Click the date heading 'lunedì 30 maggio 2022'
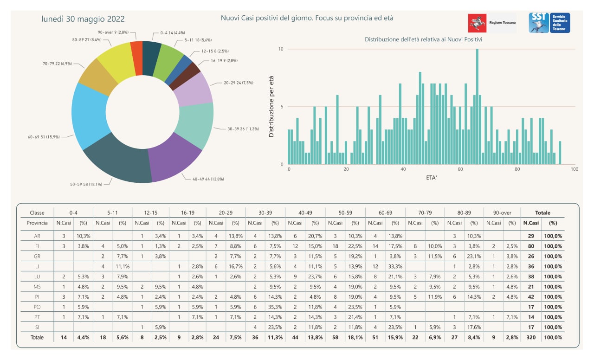83,19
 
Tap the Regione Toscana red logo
477,23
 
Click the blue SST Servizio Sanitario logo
549,23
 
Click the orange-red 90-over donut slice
137,58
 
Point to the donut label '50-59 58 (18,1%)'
86,184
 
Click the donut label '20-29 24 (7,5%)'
239,83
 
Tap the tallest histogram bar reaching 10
477,107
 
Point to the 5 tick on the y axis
282,107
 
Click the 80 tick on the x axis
517,169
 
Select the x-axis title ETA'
431,178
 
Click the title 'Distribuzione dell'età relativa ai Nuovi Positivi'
423,39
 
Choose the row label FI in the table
37,246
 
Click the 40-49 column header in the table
305,212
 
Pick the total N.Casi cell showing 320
530,337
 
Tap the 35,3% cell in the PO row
275,307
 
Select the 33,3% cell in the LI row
395,266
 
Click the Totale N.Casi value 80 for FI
530,246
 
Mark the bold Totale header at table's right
542,212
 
